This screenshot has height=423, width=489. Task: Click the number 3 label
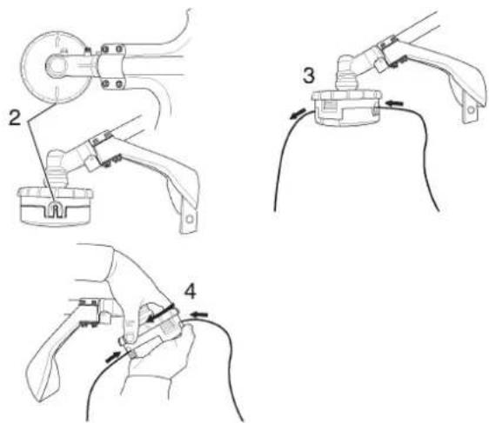[x=308, y=76]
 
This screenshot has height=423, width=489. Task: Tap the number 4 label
[x=191, y=292]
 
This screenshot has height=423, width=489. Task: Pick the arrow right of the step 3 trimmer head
[x=394, y=102]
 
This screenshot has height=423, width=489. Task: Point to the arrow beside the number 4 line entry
[x=199, y=314]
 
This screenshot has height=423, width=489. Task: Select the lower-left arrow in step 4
[x=113, y=357]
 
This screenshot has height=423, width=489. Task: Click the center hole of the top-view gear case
[x=57, y=66]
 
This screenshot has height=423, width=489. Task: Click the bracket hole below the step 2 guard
[x=189, y=219]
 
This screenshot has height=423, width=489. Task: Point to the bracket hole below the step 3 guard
[x=471, y=109]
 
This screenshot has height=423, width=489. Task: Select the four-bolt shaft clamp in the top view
[x=111, y=67]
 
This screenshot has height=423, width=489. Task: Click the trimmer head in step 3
[x=346, y=108]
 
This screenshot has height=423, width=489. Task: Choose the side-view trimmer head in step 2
[x=56, y=206]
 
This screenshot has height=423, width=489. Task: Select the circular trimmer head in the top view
[x=56, y=67]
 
